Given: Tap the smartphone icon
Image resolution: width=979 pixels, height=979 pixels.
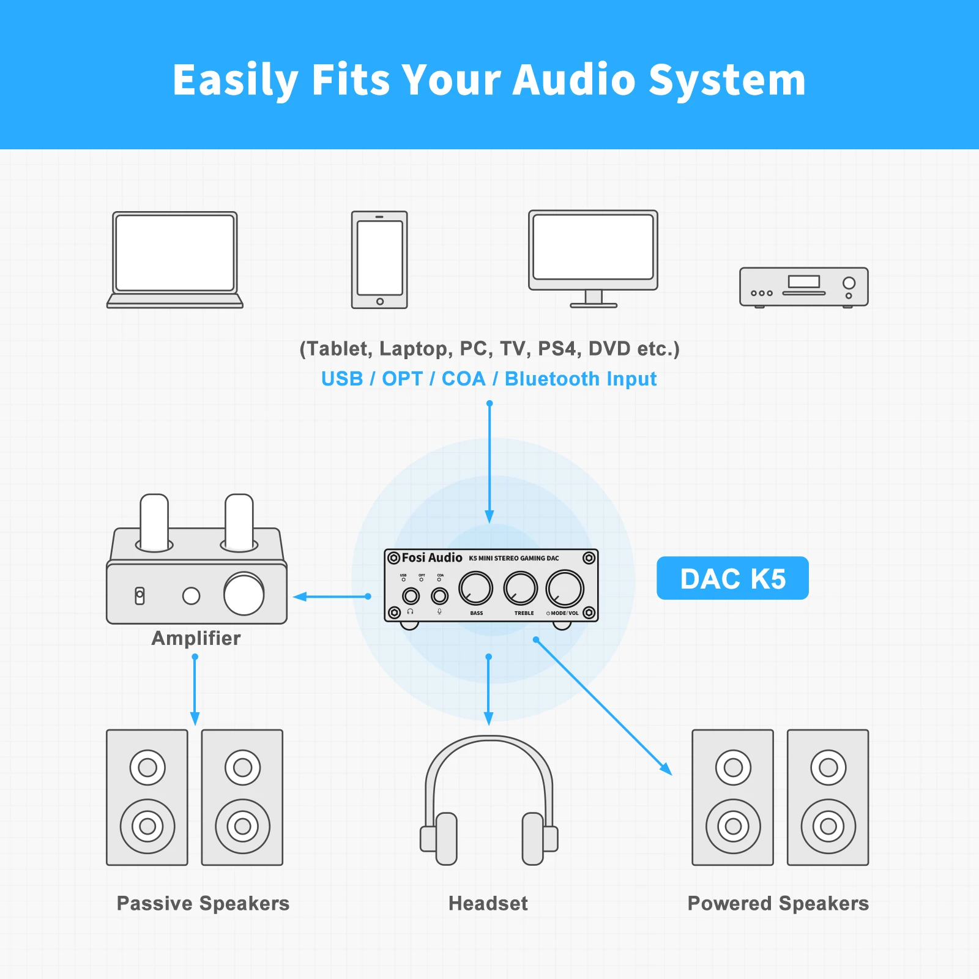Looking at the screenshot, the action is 379,259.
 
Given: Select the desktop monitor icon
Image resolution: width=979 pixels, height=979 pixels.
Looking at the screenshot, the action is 593,257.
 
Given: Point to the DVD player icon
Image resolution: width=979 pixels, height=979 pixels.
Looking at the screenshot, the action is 803,286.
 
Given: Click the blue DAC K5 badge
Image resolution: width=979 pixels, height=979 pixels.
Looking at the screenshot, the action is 732,578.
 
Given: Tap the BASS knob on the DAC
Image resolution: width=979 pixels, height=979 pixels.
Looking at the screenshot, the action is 475,588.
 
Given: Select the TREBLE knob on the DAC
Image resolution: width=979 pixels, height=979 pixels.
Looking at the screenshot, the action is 520,588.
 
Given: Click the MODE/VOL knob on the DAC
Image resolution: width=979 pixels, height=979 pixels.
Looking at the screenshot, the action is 565,588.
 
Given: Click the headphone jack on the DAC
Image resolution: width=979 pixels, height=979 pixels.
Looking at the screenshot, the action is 411,595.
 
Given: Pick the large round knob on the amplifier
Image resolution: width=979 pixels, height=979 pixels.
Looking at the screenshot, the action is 244,594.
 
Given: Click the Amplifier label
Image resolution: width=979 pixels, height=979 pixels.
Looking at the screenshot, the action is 196,638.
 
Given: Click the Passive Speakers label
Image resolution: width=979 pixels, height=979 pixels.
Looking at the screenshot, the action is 203,903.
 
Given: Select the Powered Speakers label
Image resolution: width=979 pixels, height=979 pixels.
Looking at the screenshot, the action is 778,903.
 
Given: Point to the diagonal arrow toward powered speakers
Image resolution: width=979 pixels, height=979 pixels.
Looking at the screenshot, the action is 603,707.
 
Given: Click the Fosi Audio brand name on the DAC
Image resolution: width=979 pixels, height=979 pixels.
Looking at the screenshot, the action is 431,557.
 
